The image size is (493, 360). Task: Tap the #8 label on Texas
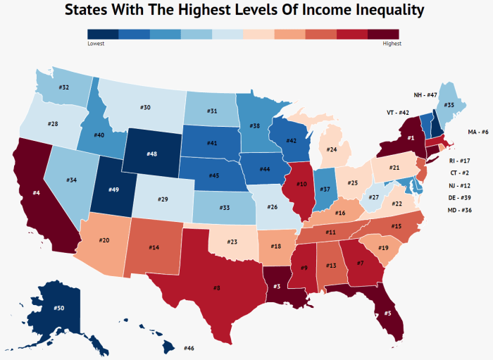218,287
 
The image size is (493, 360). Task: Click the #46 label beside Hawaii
188,348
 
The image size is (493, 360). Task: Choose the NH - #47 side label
425,94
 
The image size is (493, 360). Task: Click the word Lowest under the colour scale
96,44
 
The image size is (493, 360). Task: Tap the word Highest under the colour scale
392,44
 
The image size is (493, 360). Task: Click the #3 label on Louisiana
277,285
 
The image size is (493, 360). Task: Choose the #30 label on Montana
146,108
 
